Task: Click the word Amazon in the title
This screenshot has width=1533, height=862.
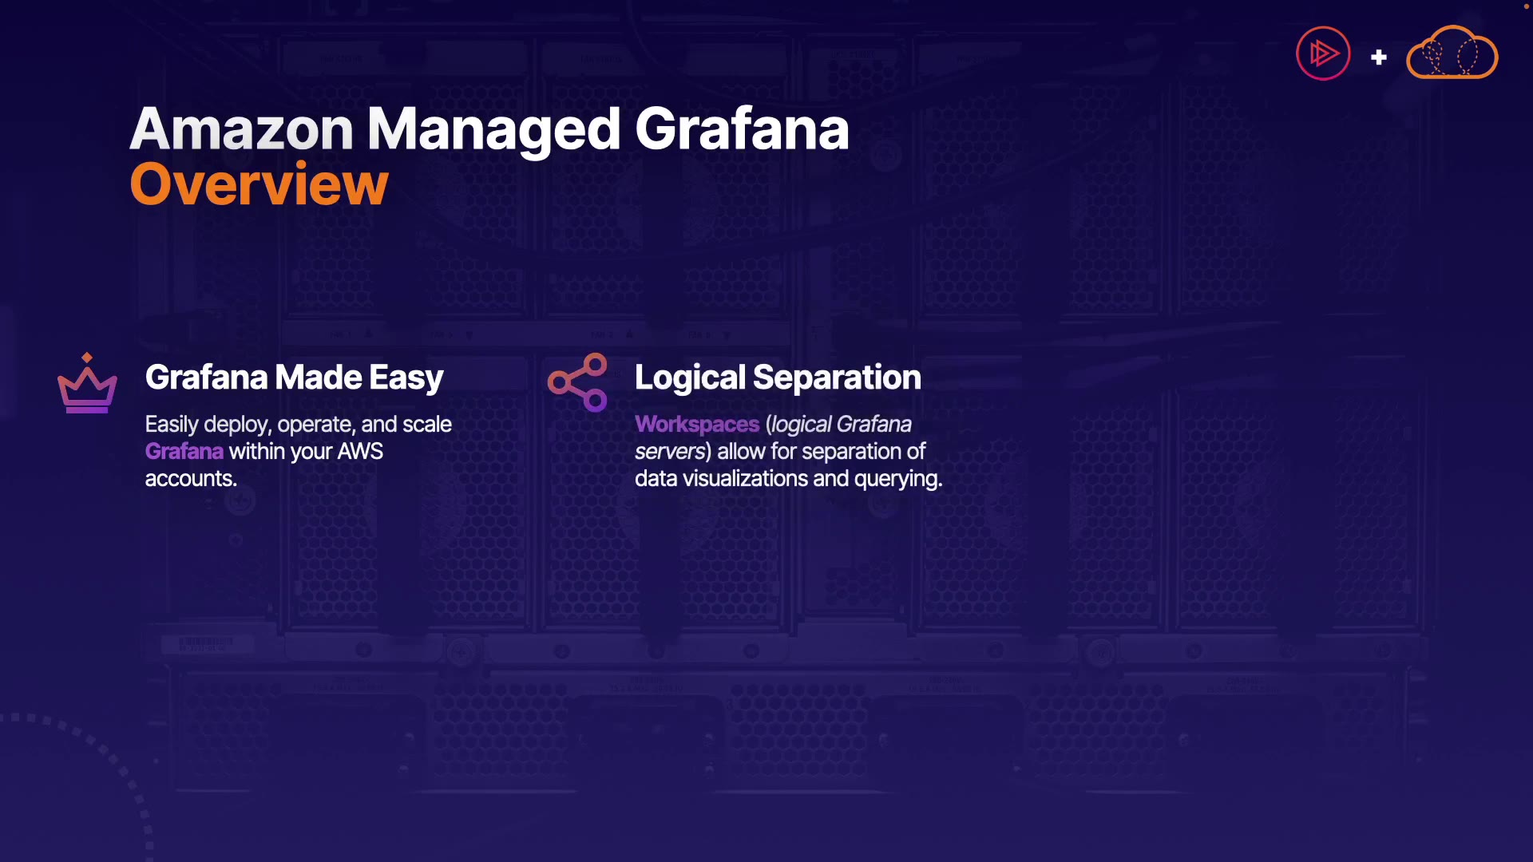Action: (x=242, y=129)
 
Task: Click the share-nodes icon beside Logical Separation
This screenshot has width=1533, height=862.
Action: (x=577, y=382)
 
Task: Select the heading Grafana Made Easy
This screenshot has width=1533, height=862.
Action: (x=294, y=378)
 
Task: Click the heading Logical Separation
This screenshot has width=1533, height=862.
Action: (x=778, y=378)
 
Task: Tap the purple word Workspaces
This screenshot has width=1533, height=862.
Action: (x=697, y=425)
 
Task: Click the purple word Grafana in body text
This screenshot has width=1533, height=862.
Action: (x=184, y=452)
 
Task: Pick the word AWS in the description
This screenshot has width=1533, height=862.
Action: (x=360, y=452)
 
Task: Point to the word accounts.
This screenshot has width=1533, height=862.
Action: (x=191, y=479)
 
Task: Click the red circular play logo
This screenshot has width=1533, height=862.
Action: (x=1323, y=53)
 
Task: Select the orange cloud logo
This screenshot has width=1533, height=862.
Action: (x=1452, y=53)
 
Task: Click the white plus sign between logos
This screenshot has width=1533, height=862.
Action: (x=1379, y=57)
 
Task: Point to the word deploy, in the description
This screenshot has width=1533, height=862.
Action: (x=237, y=425)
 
